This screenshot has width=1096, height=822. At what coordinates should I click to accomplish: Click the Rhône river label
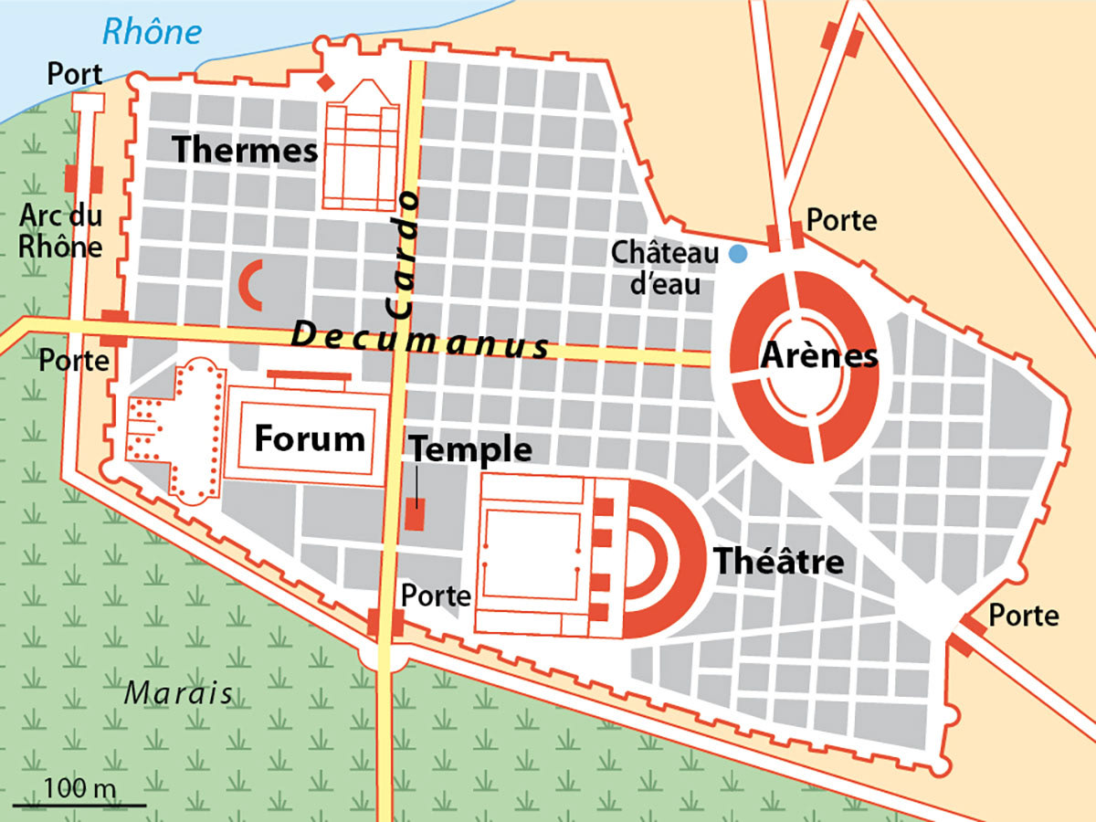151,32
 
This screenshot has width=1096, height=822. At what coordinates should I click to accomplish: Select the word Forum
309,439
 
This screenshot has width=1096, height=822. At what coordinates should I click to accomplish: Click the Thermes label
245,149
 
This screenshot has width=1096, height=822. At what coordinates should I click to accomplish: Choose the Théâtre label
778,561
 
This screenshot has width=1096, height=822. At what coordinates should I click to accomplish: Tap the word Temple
470,449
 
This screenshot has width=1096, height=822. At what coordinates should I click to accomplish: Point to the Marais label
178,692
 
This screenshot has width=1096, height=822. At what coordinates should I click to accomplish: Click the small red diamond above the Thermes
324,84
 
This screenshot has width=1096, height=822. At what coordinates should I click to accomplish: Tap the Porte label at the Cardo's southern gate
436,595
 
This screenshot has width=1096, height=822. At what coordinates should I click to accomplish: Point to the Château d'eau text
665,268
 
